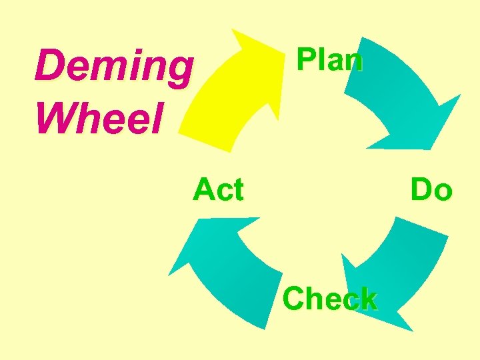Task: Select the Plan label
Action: [329, 60]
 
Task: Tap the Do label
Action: [431, 190]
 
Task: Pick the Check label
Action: [329, 299]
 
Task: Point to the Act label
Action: [218, 190]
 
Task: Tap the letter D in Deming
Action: [48, 66]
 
